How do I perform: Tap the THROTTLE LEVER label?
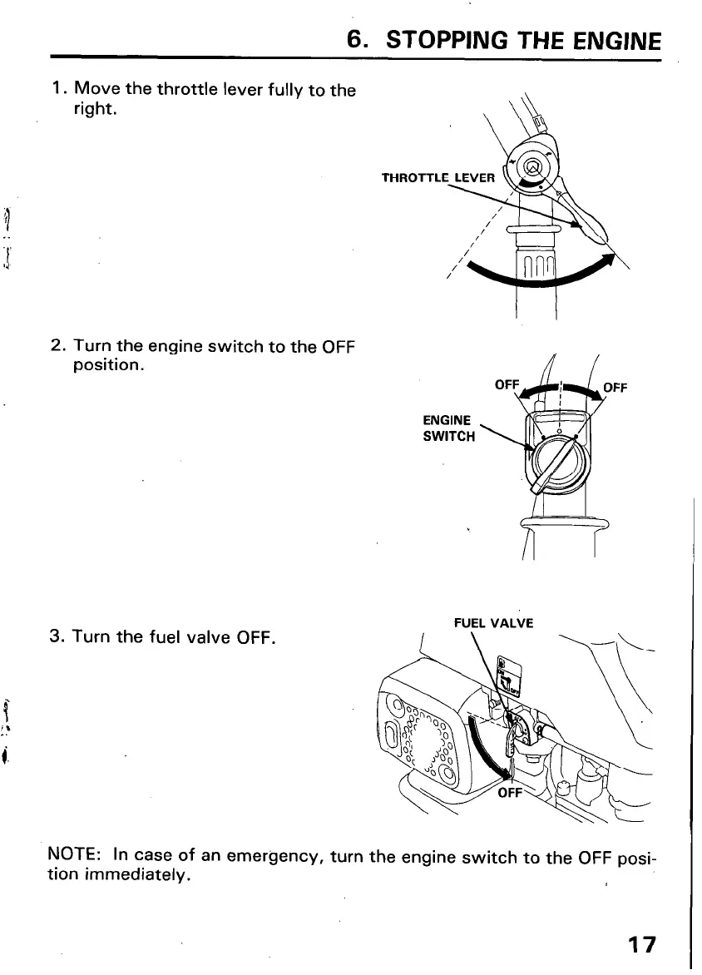[x=438, y=177]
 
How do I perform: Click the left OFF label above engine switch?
[x=507, y=386]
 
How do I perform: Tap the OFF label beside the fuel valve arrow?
[x=508, y=793]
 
